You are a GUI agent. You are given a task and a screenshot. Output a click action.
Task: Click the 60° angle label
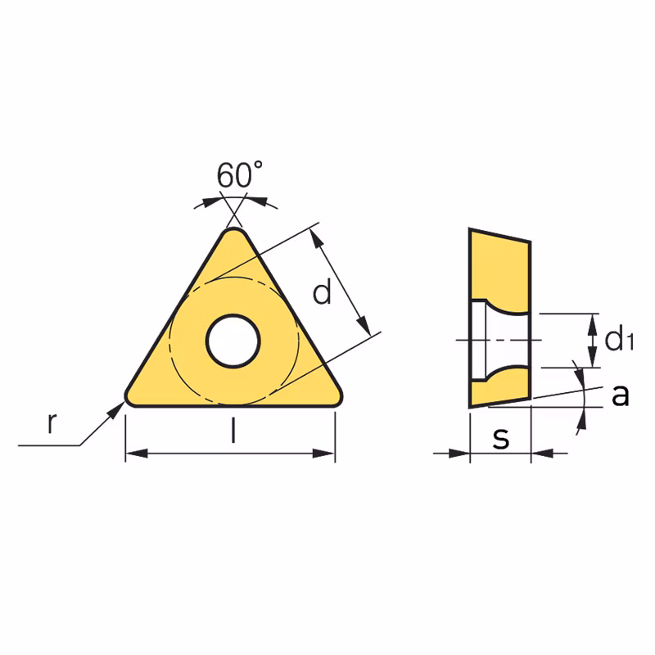(x=240, y=174)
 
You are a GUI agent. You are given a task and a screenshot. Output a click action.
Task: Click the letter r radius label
(x=51, y=422)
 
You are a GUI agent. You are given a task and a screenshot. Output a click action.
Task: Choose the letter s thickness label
(x=501, y=438)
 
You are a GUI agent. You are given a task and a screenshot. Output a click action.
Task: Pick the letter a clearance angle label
(x=621, y=395)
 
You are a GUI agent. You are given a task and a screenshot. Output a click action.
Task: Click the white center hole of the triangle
(x=233, y=341)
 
